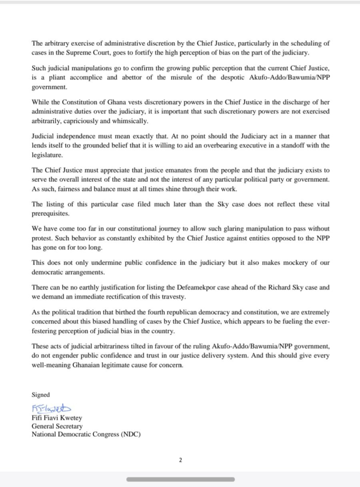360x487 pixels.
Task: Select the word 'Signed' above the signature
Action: click(40, 395)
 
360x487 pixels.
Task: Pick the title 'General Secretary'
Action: click(57, 426)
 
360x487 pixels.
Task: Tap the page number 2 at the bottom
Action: click(180, 460)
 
